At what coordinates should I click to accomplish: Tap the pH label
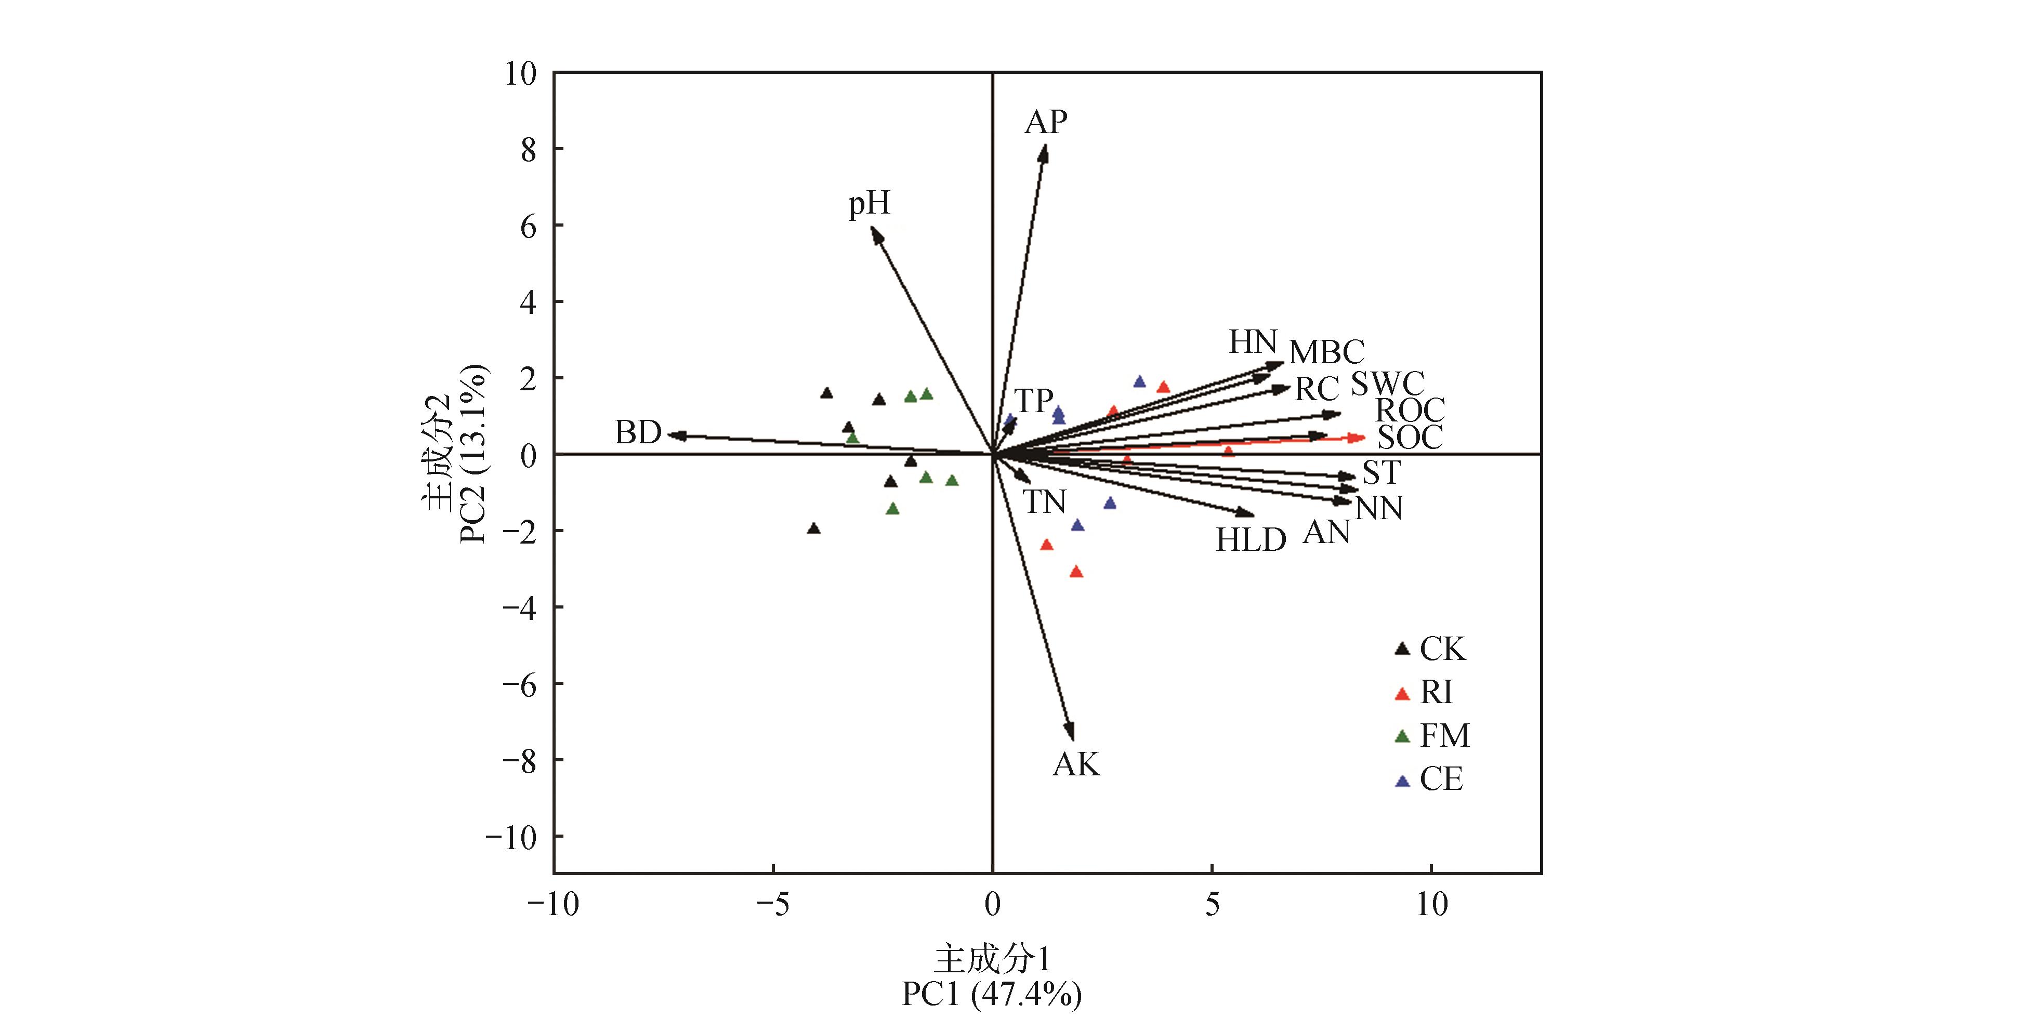(869, 204)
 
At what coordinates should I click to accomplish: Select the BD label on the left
(637, 432)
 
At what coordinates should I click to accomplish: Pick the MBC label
(1327, 351)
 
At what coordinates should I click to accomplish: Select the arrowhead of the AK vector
(1070, 733)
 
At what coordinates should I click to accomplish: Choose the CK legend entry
(1442, 649)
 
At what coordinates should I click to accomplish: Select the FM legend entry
(1444, 736)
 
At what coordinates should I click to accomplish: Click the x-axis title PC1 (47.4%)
(992, 995)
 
